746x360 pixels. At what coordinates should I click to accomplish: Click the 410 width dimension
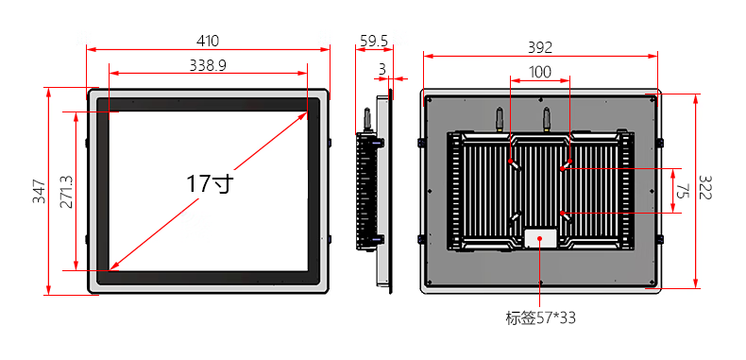[208, 42]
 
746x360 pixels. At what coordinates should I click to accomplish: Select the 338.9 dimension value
[208, 65]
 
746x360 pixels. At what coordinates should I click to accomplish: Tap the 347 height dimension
[40, 191]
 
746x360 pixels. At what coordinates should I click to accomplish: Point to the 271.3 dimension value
[66, 192]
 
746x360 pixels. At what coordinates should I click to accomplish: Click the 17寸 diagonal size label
[210, 184]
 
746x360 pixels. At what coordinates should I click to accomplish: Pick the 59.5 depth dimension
[374, 42]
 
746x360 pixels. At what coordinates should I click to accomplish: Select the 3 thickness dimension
[382, 70]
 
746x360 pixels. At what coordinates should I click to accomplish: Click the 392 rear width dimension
[540, 47]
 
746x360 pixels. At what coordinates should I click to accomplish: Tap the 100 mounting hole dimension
[540, 73]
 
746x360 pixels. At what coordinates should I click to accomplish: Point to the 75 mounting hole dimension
[683, 191]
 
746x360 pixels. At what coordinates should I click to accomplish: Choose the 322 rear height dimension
[704, 188]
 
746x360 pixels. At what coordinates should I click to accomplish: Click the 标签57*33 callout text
[540, 318]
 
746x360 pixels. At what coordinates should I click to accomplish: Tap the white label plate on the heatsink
[540, 237]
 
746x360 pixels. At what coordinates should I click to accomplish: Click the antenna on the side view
[367, 119]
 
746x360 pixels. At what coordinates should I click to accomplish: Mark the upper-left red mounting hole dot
[510, 161]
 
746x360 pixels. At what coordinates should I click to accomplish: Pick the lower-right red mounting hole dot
[563, 212]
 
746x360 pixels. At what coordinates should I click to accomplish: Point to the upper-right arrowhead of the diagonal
[303, 115]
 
